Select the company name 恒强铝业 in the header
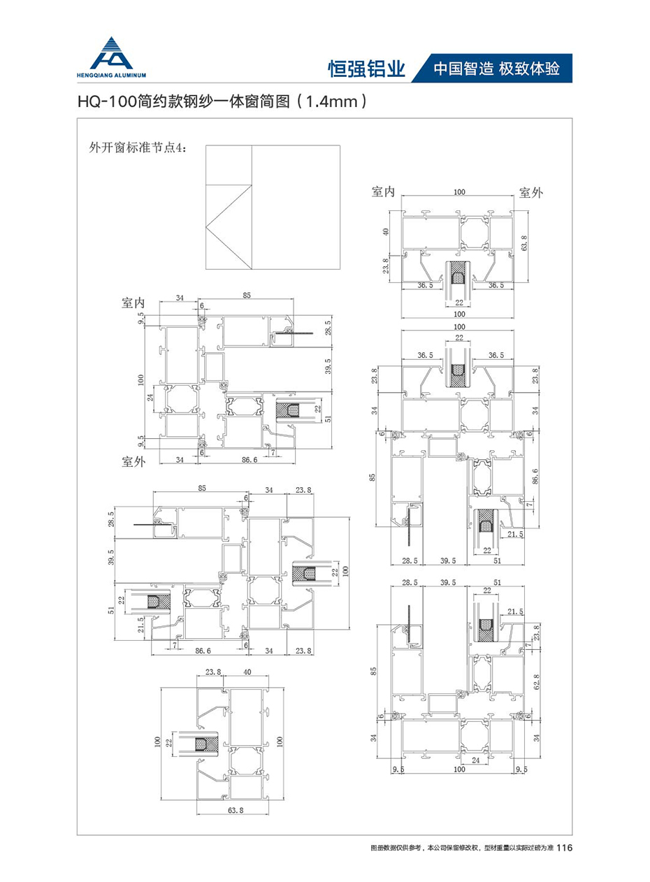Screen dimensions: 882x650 (x=366, y=68)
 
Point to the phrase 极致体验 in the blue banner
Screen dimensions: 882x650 (x=531, y=68)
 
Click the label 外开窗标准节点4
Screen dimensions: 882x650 (x=135, y=148)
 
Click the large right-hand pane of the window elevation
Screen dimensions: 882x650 (x=295, y=207)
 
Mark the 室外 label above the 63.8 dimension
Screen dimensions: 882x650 (x=530, y=192)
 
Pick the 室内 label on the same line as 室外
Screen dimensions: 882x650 (x=384, y=192)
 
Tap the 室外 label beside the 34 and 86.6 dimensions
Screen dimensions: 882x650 (x=133, y=461)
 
